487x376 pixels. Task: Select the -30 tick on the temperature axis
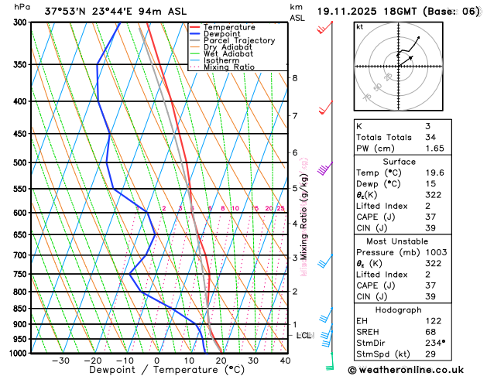60,361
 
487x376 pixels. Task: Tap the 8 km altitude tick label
294,78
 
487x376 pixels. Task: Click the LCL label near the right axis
304,335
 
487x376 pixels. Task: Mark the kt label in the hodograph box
359,26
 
